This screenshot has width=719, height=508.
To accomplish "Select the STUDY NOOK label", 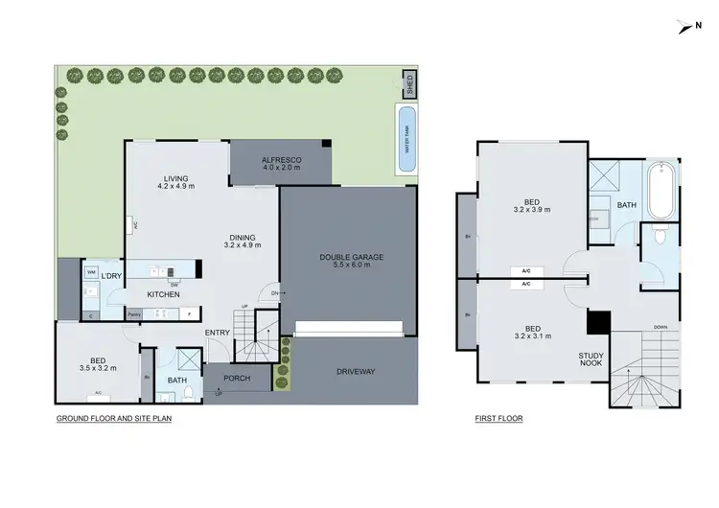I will coord(590,359).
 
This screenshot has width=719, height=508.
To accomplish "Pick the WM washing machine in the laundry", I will coord(92,272).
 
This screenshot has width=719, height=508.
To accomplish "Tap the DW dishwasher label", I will coord(174,284).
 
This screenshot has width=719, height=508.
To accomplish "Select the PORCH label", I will coord(237,378).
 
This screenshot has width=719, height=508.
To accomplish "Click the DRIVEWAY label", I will coord(354,371).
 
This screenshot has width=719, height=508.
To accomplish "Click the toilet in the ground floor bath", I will coord(191,392).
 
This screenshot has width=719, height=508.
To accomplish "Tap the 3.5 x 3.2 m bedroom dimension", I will coord(98,367).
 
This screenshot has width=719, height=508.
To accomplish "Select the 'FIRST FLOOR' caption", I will coord(499,419).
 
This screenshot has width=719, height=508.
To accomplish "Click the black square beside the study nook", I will coord(599,323).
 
